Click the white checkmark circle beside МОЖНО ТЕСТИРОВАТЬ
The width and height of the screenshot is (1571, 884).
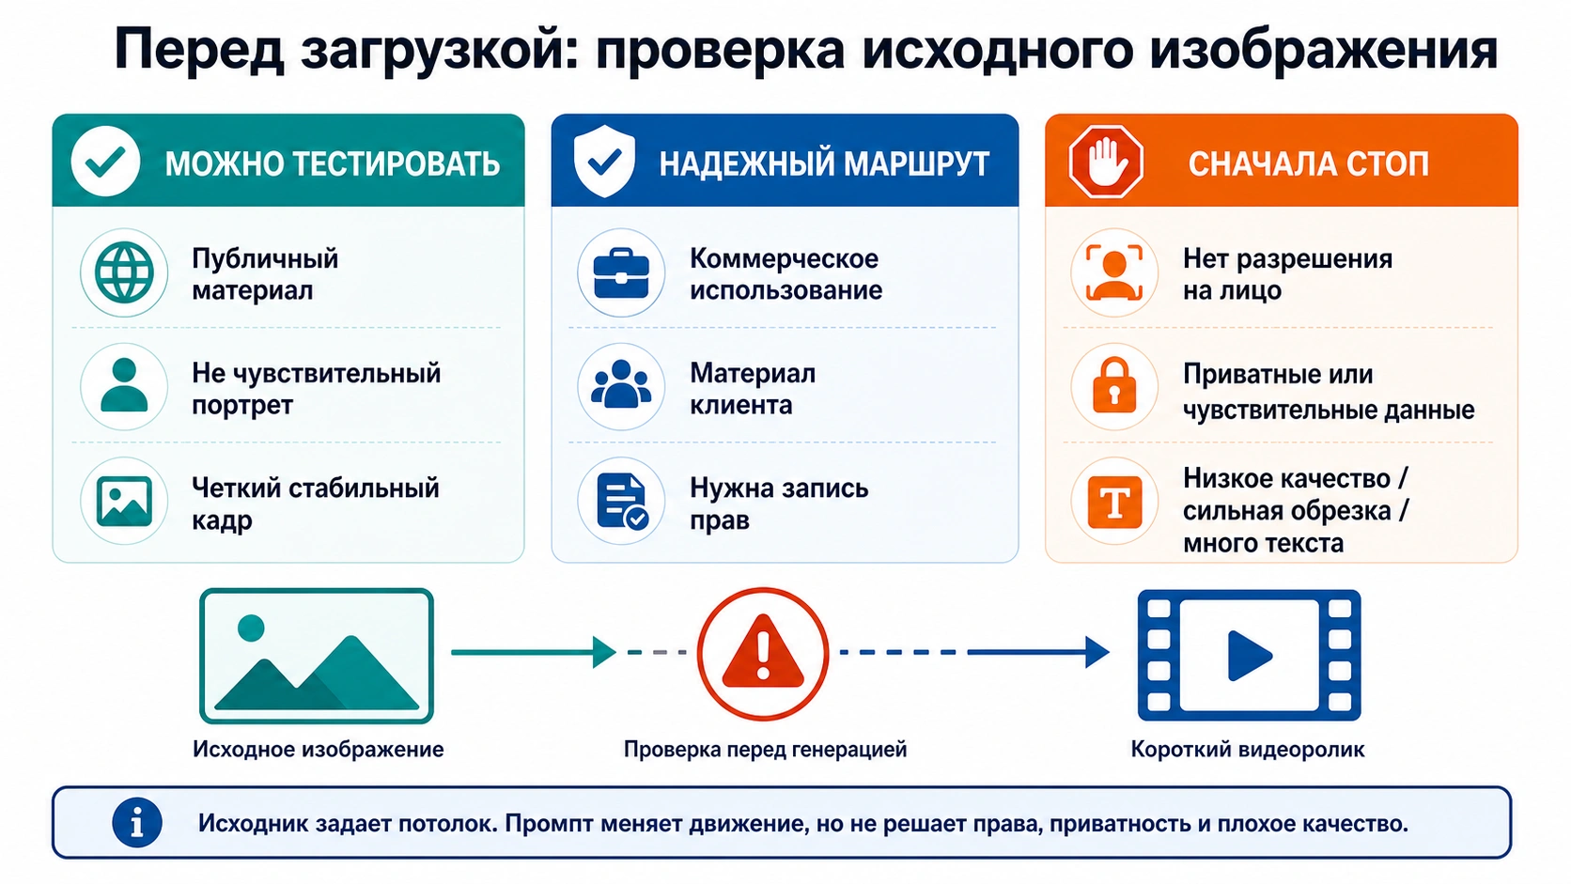(x=105, y=162)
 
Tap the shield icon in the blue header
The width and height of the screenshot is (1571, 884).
(x=604, y=162)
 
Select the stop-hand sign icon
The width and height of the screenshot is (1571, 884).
(x=1106, y=162)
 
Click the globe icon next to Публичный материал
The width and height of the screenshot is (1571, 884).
(x=124, y=272)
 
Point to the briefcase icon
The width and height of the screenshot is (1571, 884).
(x=621, y=273)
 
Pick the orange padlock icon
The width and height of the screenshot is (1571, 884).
(x=1114, y=385)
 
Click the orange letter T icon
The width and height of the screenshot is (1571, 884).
(x=1114, y=502)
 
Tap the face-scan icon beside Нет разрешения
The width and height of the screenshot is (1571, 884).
(x=1114, y=272)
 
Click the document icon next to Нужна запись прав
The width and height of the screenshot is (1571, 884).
(x=622, y=502)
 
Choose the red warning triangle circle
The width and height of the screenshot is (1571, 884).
(x=763, y=653)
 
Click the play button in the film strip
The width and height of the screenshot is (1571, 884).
(x=1250, y=656)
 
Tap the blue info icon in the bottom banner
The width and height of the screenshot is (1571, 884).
(x=137, y=822)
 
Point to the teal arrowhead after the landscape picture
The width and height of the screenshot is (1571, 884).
(x=604, y=652)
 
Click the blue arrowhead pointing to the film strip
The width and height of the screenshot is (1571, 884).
(x=1097, y=652)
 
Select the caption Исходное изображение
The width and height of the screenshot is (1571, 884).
(x=319, y=750)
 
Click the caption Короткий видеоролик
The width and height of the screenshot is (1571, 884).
(x=1248, y=750)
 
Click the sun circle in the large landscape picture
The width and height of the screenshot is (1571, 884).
(x=251, y=628)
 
